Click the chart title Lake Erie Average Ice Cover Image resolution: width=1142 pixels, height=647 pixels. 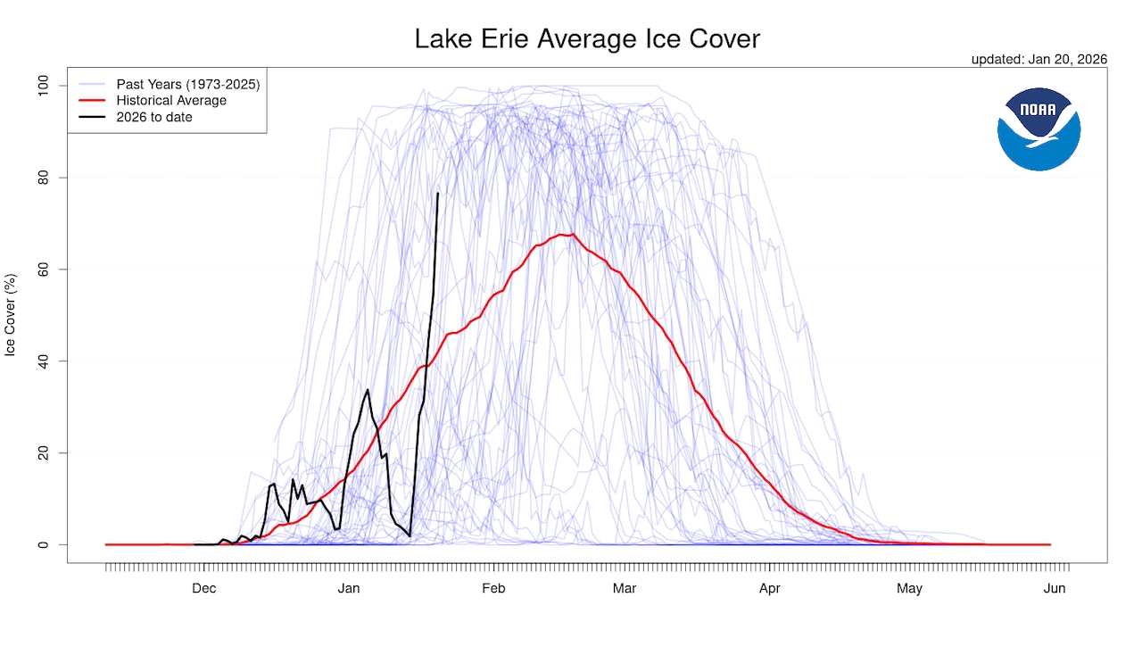coord(587,39)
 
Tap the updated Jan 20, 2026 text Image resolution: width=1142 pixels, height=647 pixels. coord(1039,59)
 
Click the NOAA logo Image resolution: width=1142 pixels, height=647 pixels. coord(1039,129)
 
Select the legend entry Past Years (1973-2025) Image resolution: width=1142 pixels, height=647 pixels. coord(187,85)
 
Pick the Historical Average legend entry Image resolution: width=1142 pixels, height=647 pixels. coord(171,101)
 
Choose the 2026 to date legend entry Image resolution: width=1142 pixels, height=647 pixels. coord(153,117)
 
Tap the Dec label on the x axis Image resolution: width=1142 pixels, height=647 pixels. coord(204,588)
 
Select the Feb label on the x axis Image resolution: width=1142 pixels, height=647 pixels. coord(493,588)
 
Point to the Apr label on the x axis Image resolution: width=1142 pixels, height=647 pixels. coord(769,588)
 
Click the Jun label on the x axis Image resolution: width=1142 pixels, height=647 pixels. coord(1055,588)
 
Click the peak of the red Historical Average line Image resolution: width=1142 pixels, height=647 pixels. coord(572,235)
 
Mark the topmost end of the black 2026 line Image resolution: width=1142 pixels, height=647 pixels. coord(437,194)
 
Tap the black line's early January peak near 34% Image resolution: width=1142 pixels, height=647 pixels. coord(368,389)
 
